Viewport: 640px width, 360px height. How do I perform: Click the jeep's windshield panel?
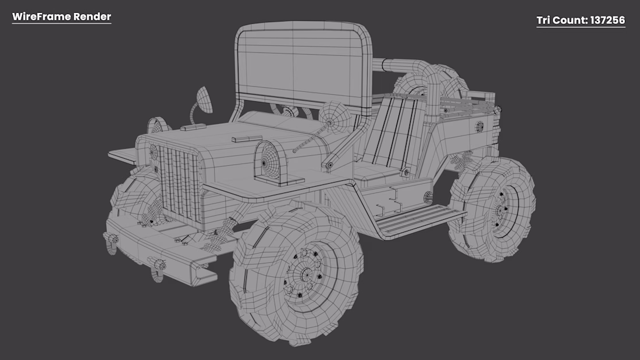(300, 65)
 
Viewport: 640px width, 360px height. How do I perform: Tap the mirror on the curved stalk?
(204, 99)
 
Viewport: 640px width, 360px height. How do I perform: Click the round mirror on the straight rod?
(335, 117)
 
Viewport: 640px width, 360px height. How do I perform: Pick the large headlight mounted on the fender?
(268, 162)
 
